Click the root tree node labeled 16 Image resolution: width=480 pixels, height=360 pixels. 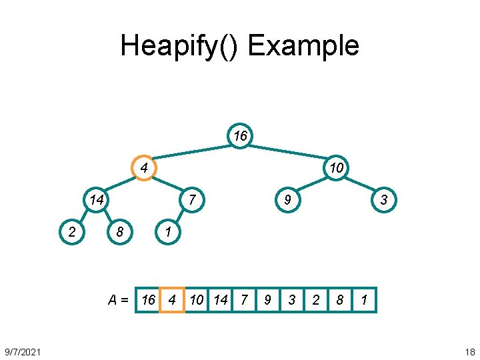(x=240, y=136)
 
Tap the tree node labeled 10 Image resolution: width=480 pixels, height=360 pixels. (x=336, y=167)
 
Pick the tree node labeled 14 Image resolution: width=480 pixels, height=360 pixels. (x=96, y=199)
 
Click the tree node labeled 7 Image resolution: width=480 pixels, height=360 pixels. (x=191, y=199)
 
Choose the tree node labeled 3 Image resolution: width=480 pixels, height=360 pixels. (x=384, y=199)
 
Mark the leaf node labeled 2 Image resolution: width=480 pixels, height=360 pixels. (x=71, y=232)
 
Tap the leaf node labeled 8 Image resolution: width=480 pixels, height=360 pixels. (x=120, y=232)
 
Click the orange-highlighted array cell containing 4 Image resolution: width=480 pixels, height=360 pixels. (x=172, y=300)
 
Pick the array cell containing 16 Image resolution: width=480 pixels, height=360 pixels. (x=148, y=300)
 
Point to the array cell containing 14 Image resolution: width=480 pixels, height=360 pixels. (x=220, y=300)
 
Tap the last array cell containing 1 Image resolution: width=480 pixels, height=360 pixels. (x=364, y=300)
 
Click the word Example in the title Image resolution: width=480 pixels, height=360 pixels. (x=303, y=46)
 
